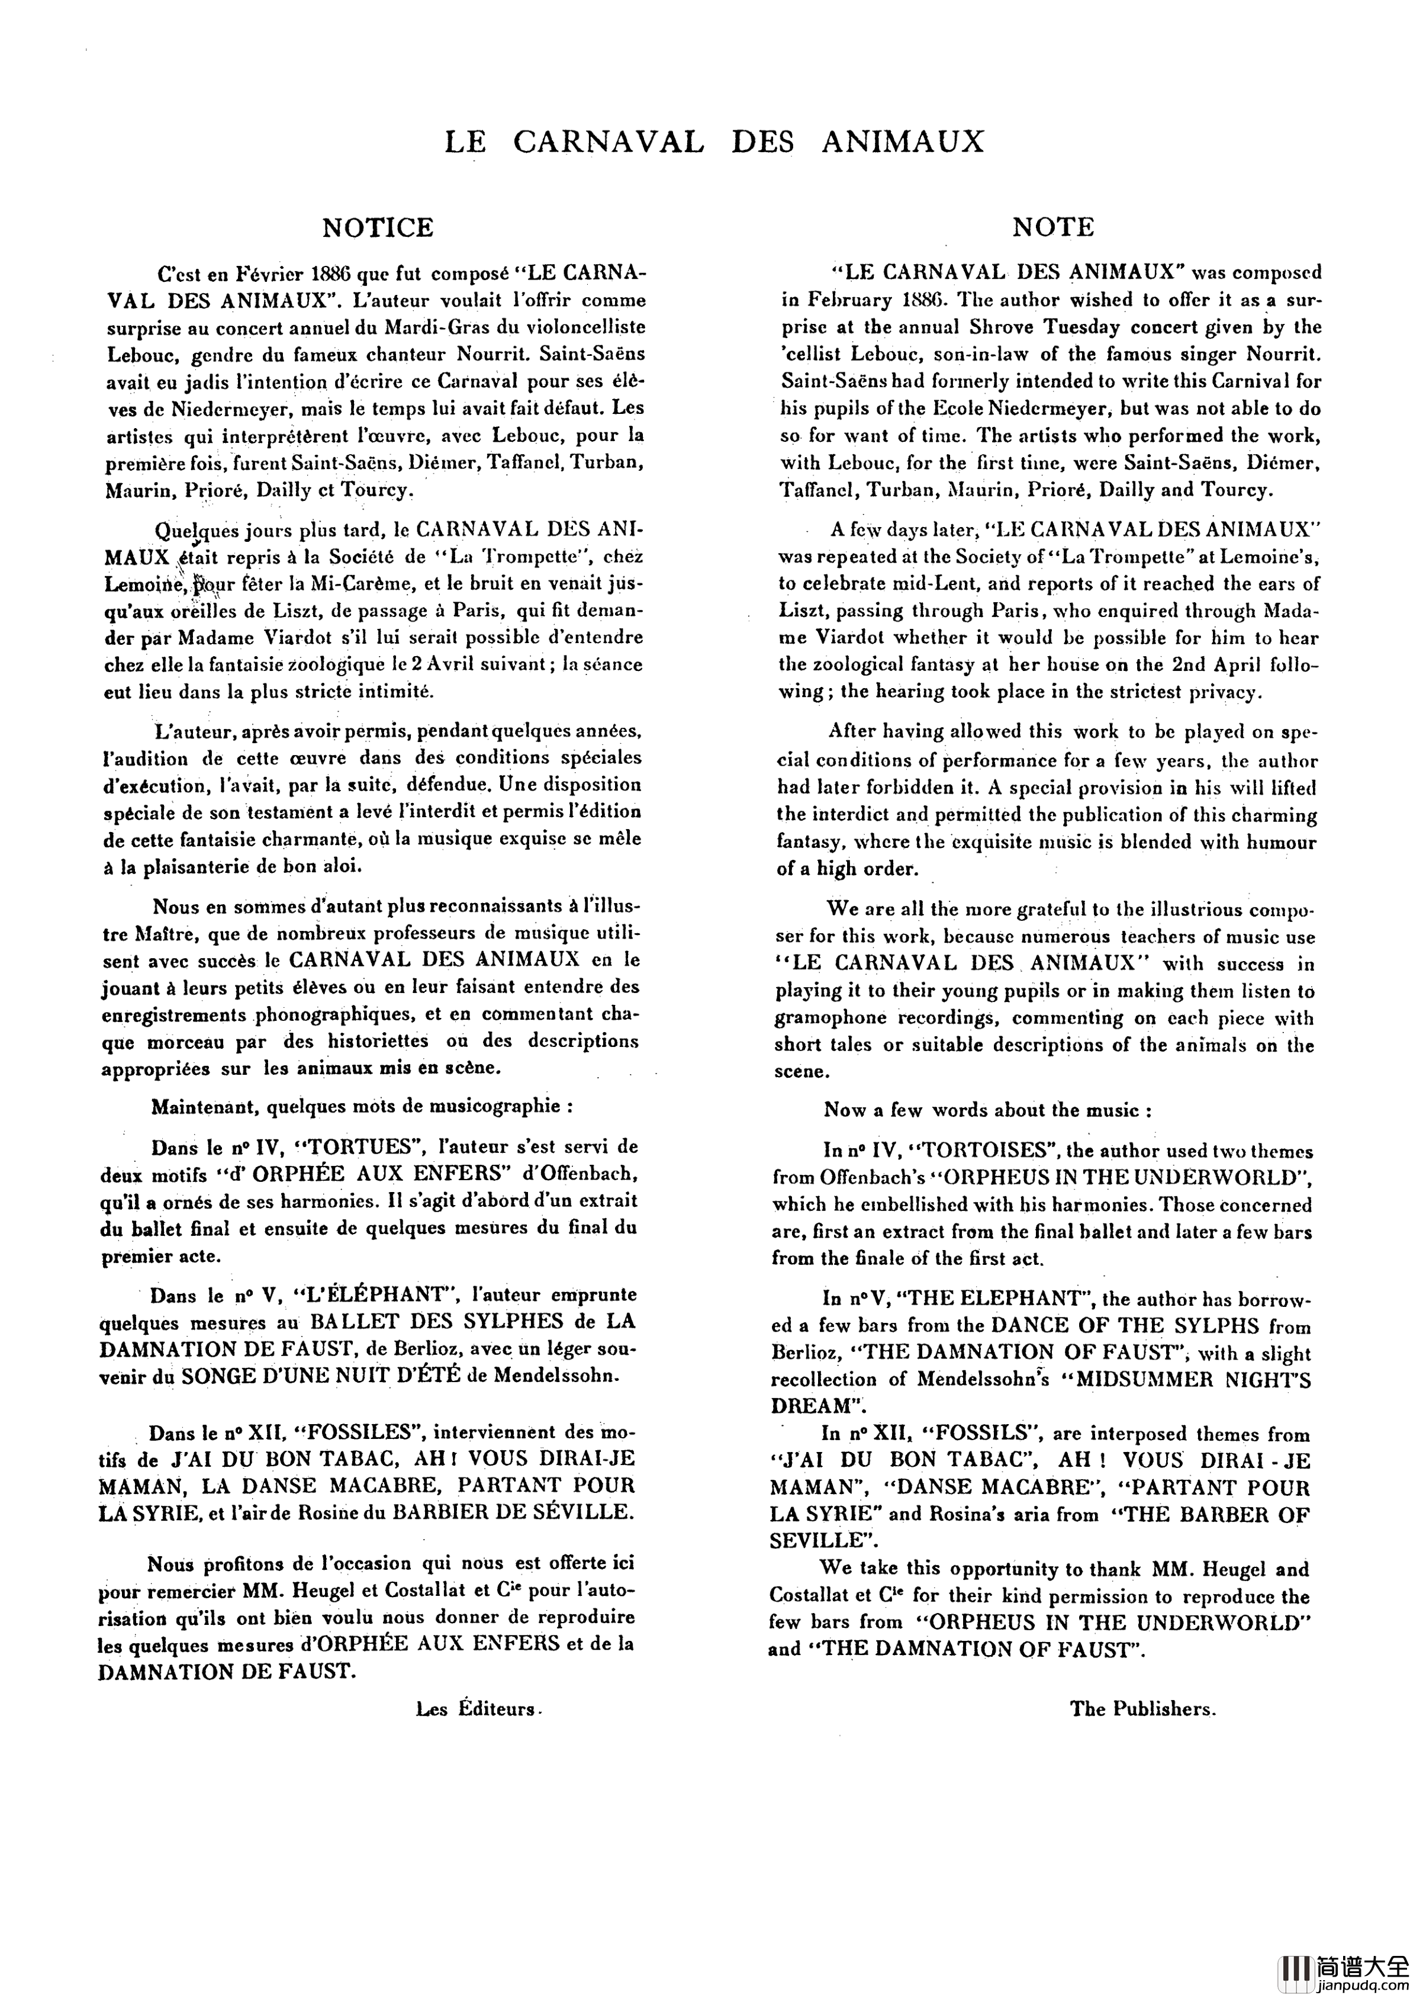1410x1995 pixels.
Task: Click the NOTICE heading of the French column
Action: [377, 227]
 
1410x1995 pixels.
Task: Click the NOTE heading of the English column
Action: [1053, 227]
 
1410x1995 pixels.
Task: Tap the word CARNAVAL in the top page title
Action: [608, 142]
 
